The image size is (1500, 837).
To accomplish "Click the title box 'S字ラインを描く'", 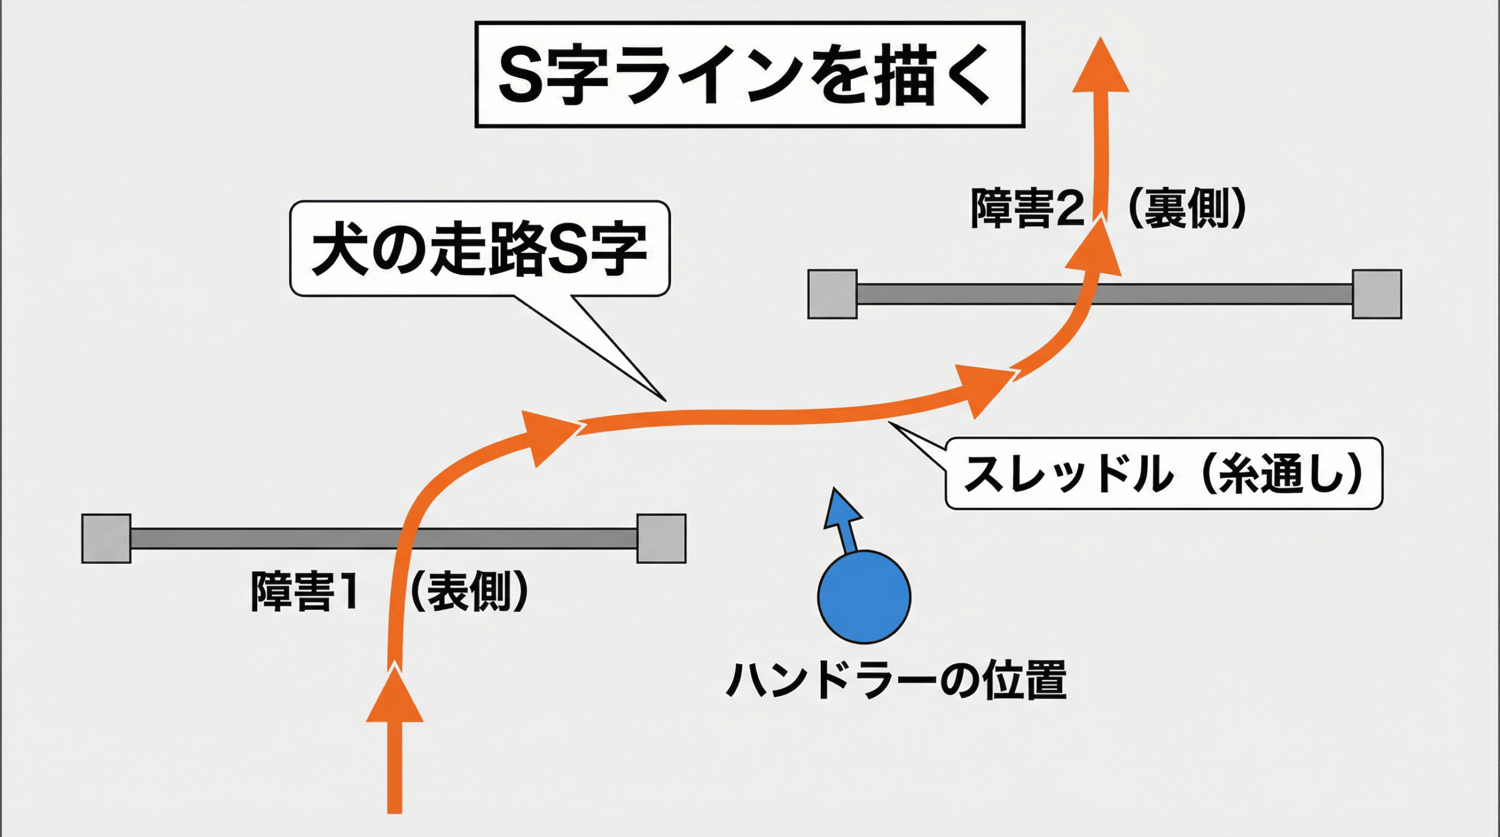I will (749, 74).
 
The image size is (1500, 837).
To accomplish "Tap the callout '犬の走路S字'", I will (479, 249).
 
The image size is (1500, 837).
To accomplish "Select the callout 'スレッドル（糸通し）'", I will (1164, 473).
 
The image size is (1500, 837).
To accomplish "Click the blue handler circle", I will (864, 597).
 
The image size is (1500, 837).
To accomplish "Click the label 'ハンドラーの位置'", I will (896, 680).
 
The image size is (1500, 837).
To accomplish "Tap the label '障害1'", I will (305, 592).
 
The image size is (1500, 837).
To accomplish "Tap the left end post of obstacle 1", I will (106, 538).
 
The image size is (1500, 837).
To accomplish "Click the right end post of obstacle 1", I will (662, 538).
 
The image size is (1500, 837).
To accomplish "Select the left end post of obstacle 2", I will (832, 294).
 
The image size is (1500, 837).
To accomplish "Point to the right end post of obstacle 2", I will (1377, 294).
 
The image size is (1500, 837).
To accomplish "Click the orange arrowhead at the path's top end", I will (1101, 67).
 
